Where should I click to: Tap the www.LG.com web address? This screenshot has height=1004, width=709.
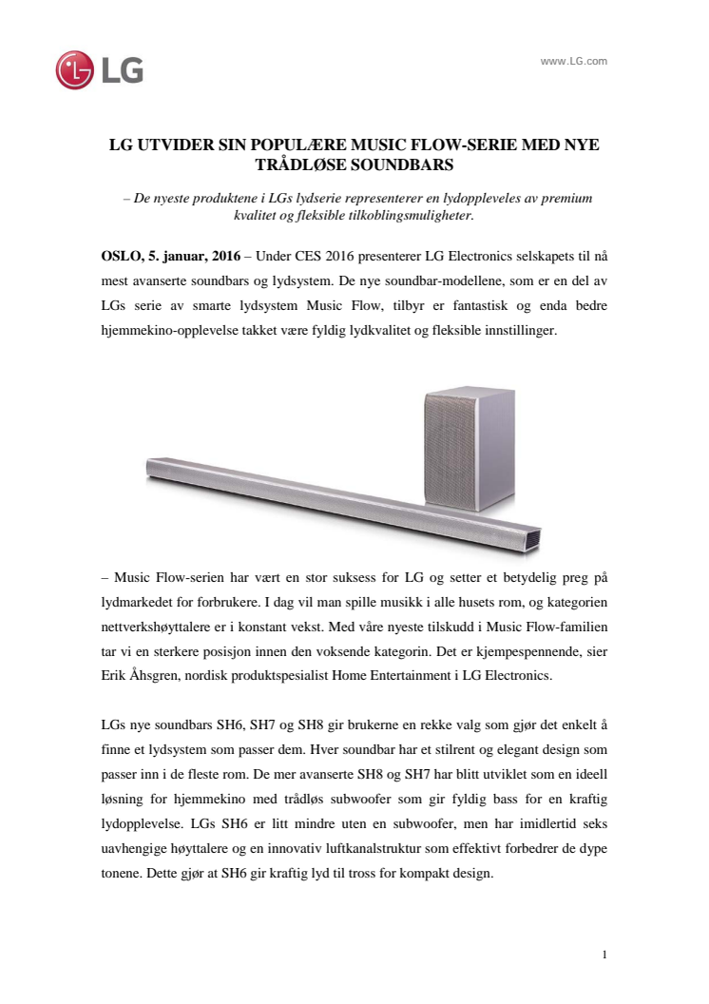click(573, 61)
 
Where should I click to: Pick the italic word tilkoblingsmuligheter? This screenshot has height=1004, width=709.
click(409, 216)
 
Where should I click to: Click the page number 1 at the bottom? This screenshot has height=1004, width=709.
click(604, 954)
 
